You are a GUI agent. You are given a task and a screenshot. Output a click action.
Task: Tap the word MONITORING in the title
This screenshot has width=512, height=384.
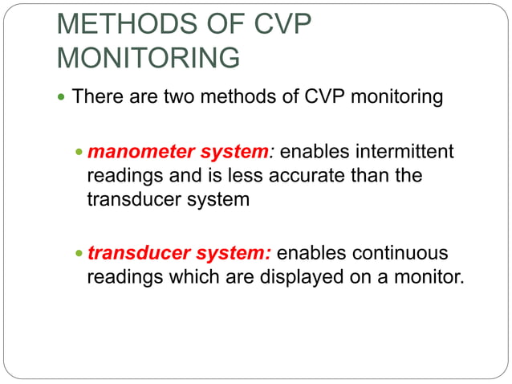148,59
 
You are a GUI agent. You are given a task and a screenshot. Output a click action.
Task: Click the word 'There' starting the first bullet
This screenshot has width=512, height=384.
94,98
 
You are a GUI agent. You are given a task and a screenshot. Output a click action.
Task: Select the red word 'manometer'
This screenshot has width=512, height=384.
132,151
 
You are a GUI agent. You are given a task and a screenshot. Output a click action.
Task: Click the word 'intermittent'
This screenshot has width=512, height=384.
409,151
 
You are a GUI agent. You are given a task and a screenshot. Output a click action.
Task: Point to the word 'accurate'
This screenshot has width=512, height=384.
308,175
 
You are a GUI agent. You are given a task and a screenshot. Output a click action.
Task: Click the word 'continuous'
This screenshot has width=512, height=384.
404,253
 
